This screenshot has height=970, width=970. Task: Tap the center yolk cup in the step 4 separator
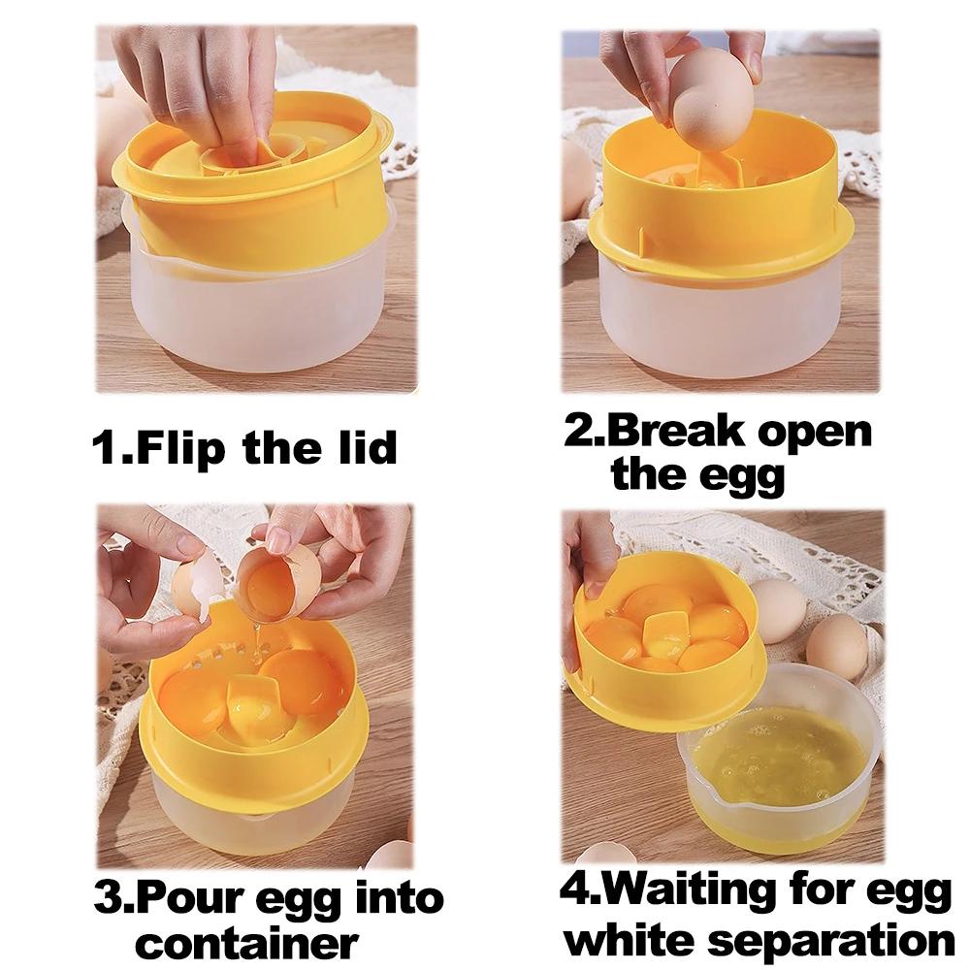click(x=667, y=635)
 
